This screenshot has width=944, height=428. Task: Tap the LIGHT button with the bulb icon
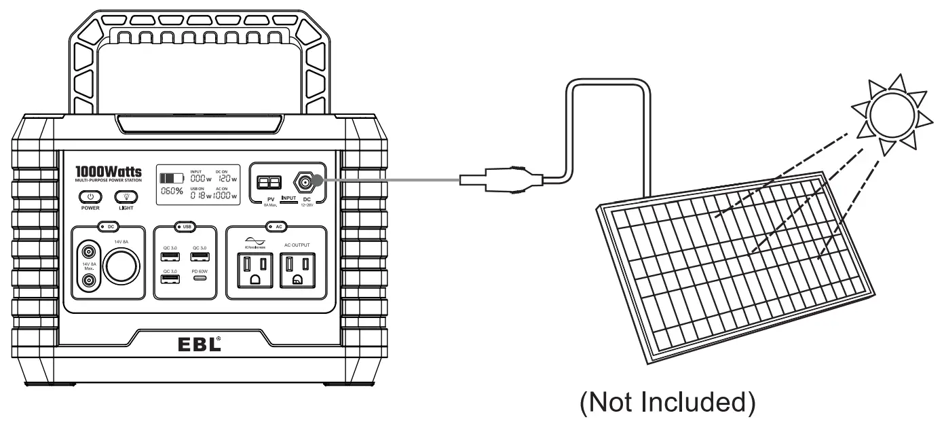tap(126, 196)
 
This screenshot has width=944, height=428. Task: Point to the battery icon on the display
tap(171, 178)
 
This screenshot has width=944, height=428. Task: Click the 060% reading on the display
tap(171, 193)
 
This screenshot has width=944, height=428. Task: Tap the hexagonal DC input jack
tap(303, 181)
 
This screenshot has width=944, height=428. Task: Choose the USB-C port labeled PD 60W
tap(199, 278)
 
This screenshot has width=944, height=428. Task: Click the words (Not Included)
tap(666, 403)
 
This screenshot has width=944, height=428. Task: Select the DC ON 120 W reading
tap(226, 178)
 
